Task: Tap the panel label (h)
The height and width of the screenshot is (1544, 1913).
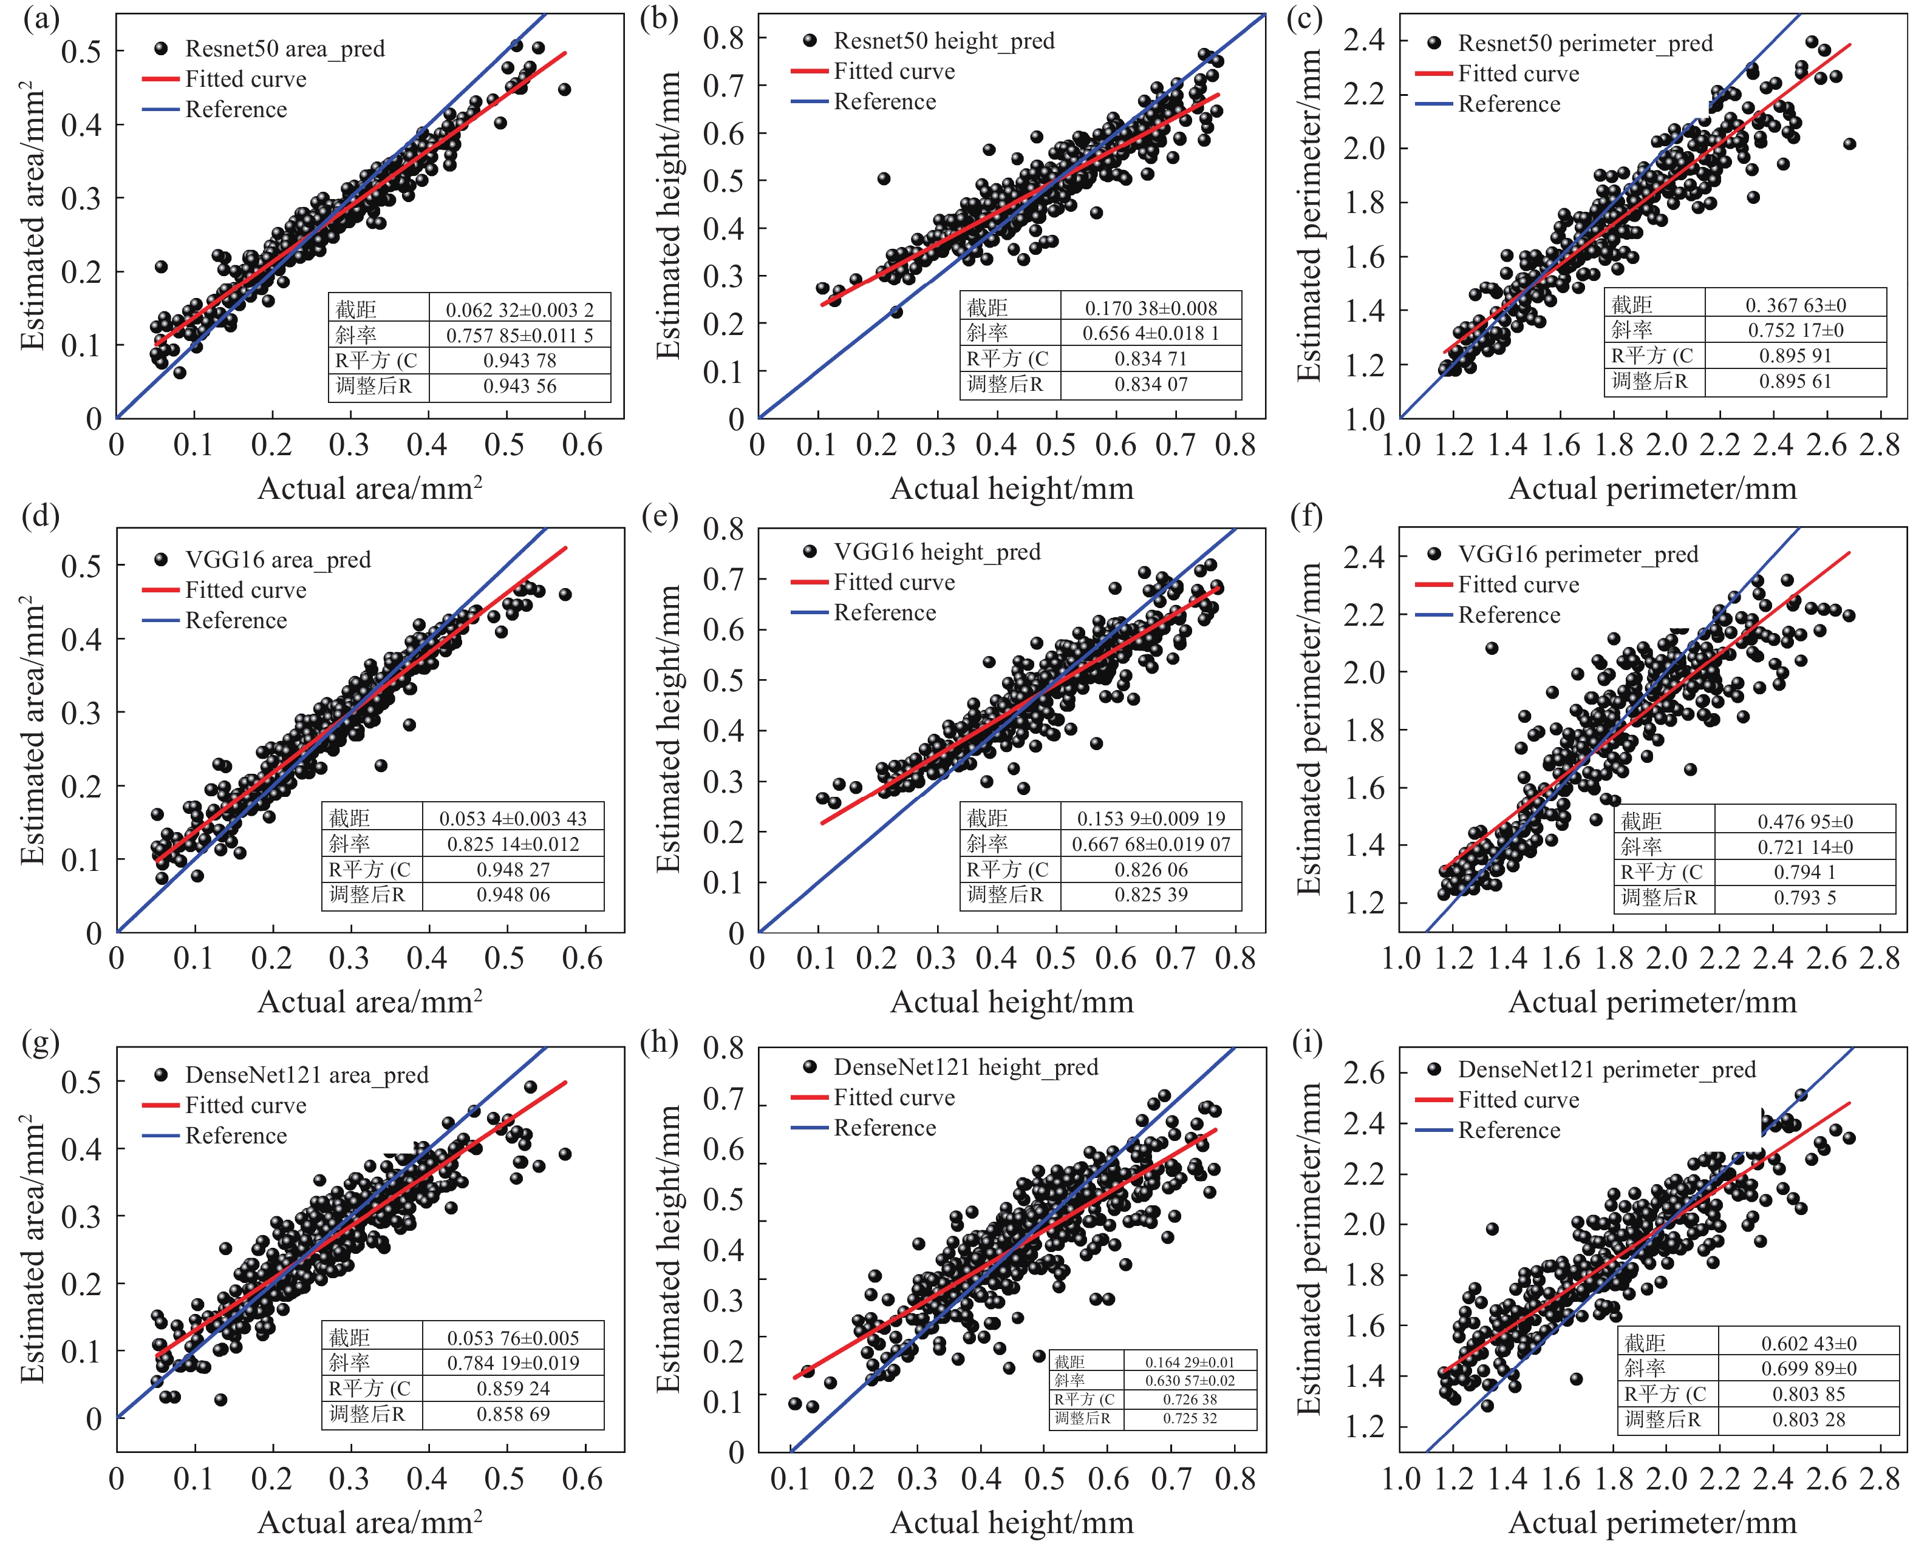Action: pyautogui.click(x=660, y=1041)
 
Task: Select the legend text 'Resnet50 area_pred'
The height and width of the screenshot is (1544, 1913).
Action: pyautogui.click(x=285, y=49)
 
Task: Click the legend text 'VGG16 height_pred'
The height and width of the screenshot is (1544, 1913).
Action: pyautogui.click(x=936, y=552)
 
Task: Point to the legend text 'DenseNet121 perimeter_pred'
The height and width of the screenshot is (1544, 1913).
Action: pyautogui.click(x=1606, y=1069)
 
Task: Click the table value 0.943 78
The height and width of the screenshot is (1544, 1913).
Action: pyautogui.click(x=520, y=361)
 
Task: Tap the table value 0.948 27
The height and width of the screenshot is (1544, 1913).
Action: pyautogui.click(x=513, y=870)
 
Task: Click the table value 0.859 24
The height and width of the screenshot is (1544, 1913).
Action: pyautogui.click(x=513, y=1389)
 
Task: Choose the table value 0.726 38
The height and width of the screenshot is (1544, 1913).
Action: pyautogui.click(x=1190, y=1399)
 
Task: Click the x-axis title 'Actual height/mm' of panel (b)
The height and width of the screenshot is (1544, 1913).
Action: pyautogui.click(x=1012, y=489)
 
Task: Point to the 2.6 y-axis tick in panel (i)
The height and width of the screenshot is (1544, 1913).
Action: pyautogui.click(x=1364, y=1072)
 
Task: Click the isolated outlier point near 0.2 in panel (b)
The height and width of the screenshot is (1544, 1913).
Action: pyautogui.click(x=884, y=179)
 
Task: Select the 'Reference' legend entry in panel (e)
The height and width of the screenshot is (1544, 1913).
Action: pyautogui.click(x=884, y=613)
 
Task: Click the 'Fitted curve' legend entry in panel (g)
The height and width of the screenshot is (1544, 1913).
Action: pyautogui.click(x=245, y=1106)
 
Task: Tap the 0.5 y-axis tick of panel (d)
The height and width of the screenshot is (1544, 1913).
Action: pyautogui.click(x=80, y=566)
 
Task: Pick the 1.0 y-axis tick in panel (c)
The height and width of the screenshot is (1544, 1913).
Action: pyautogui.click(x=1364, y=419)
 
